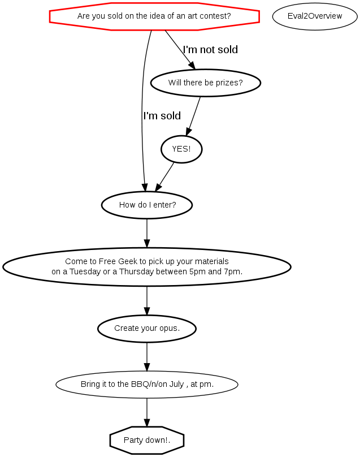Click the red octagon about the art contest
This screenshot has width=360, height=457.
(154, 16)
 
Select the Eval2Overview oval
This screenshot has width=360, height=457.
(315, 16)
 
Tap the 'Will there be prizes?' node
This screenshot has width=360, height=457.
(205, 83)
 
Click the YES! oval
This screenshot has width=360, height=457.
(181, 149)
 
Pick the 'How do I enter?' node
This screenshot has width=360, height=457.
(147, 205)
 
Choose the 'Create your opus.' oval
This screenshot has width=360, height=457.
(147, 329)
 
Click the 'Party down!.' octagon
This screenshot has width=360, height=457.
(147, 440)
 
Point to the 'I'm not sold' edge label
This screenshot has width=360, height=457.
(210, 50)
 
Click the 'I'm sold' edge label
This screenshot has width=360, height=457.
(162, 116)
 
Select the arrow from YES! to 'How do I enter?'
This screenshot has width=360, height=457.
(164, 177)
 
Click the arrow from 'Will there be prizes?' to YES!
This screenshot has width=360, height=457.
(193, 116)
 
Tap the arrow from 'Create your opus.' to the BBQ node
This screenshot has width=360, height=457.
(147, 357)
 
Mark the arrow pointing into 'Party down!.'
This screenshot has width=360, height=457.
(147, 412)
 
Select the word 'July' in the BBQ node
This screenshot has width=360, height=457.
(176, 385)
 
